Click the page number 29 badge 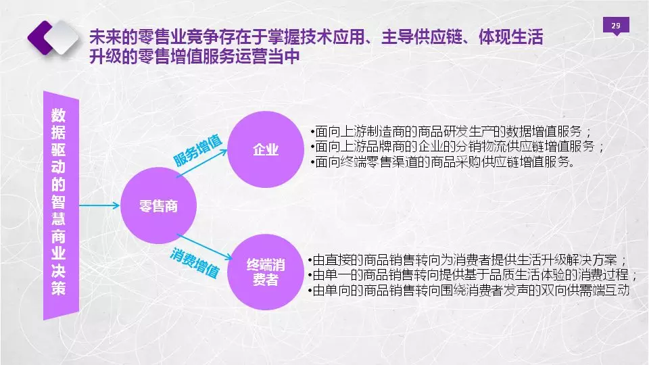[x=616, y=26]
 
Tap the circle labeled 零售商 [x=158, y=205]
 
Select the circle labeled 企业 [x=265, y=149]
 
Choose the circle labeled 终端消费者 [x=265, y=272]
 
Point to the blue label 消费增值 [x=194, y=263]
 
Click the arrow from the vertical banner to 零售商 [x=99, y=205]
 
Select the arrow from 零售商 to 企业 [x=202, y=163]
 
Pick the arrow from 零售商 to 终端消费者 [x=205, y=247]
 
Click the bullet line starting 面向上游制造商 [x=451, y=132]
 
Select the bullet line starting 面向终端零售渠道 [x=442, y=162]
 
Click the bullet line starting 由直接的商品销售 [x=468, y=260]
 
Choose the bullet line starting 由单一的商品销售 [x=473, y=275]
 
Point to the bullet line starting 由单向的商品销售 [x=468, y=290]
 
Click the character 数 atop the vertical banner [x=58, y=116]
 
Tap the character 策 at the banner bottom [x=58, y=288]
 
